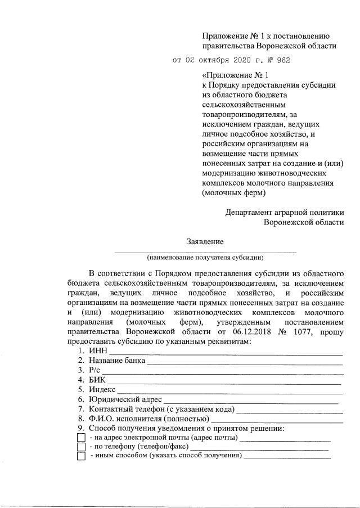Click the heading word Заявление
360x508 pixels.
point(205,242)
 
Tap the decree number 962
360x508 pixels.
point(283,60)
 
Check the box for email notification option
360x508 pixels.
point(81,438)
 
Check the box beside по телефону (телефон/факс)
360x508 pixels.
point(81,447)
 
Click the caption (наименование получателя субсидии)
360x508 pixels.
point(205,258)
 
